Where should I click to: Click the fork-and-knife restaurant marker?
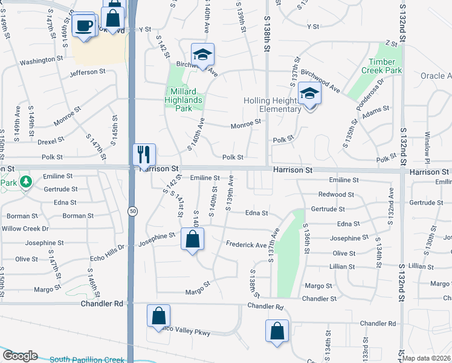coord(144,154)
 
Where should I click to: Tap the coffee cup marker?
coord(83,26)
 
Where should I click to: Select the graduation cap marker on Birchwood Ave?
coord(203,54)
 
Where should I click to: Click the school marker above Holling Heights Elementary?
coord(309,94)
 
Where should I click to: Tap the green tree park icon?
coord(25,181)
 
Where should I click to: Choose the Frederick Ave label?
coord(246,245)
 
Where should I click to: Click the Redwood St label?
coord(336,194)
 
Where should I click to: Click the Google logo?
coord(20,356)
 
